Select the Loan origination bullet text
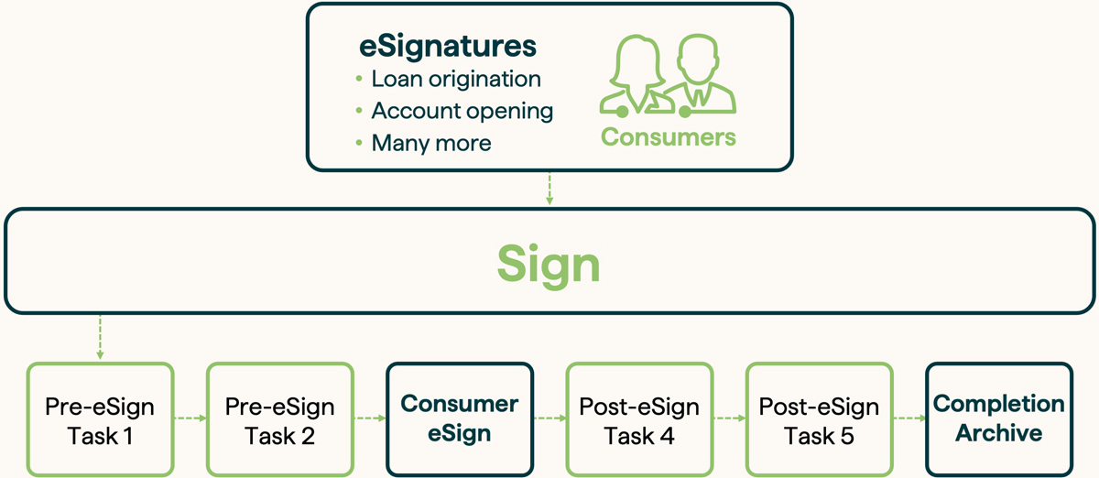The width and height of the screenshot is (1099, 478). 456,79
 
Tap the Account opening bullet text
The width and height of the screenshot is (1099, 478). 462,111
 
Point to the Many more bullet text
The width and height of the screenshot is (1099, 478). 430,143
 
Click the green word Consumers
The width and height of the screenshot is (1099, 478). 668,137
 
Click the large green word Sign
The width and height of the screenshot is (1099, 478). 549,264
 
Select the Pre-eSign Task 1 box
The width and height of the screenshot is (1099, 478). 100,420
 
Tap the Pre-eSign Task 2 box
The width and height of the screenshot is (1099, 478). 279,420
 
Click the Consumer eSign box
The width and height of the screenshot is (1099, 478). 459,418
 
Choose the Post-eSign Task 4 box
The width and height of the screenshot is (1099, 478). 638,420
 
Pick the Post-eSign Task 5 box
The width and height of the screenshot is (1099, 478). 819,420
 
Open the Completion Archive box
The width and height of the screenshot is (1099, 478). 998,418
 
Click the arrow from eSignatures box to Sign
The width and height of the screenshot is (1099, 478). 549,189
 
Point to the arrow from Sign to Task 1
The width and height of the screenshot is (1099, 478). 100,338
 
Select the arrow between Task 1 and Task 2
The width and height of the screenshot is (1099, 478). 190,419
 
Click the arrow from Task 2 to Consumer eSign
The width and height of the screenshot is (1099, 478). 369,419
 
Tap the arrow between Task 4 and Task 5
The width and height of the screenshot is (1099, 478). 728,419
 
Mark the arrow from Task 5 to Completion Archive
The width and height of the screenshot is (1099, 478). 909,419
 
